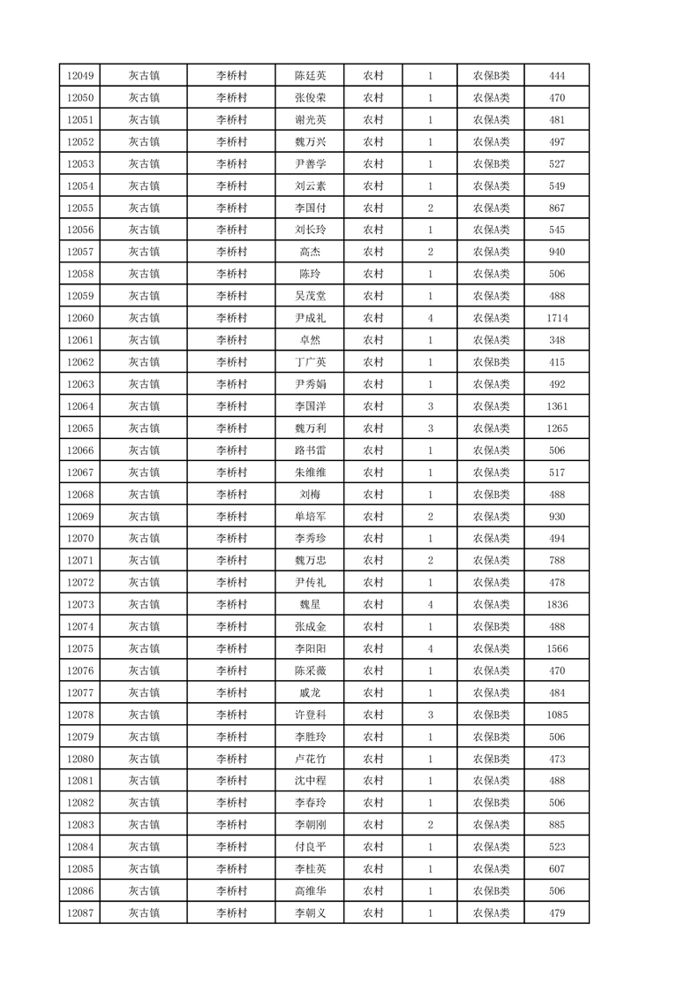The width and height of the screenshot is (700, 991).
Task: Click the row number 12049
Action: tap(79, 76)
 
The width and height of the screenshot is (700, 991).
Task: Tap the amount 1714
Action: tap(557, 318)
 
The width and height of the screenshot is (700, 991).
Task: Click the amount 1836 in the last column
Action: tap(557, 604)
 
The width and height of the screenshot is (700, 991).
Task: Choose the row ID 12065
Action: tap(79, 428)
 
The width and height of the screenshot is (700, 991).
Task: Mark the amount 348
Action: tap(557, 340)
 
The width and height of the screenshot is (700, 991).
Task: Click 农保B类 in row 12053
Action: tap(491, 164)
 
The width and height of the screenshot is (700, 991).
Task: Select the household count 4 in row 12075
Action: tap(430, 648)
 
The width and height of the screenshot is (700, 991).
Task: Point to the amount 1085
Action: tap(557, 715)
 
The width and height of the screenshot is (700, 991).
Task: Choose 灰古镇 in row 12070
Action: tap(144, 539)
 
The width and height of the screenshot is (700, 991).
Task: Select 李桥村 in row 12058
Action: tap(231, 274)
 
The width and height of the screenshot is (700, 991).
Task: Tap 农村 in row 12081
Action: tap(373, 781)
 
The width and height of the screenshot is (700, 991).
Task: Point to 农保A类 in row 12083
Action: tap(491, 825)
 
